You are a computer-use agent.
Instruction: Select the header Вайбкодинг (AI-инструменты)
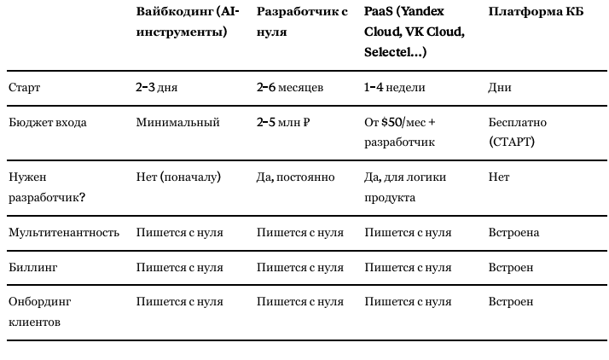(x=188, y=22)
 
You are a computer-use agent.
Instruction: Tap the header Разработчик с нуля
(x=302, y=22)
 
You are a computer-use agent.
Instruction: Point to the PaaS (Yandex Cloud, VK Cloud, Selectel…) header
(x=415, y=32)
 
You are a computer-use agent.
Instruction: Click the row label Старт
(x=24, y=88)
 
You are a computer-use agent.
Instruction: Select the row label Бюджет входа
(x=47, y=122)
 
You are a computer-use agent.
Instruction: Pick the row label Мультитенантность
(x=63, y=232)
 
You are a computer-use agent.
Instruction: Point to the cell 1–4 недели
(x=395, y=88)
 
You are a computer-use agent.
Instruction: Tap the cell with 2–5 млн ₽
(x=283, y=122)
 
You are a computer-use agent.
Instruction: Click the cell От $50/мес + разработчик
(x=400, y=132)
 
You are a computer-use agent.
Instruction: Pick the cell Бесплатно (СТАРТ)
(x=518, y=132)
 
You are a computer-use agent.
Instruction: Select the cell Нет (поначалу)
(x=178, y=177)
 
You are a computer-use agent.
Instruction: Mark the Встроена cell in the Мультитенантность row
(x=513, y=232)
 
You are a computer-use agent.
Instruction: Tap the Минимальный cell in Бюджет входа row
(x=177, y=122)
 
